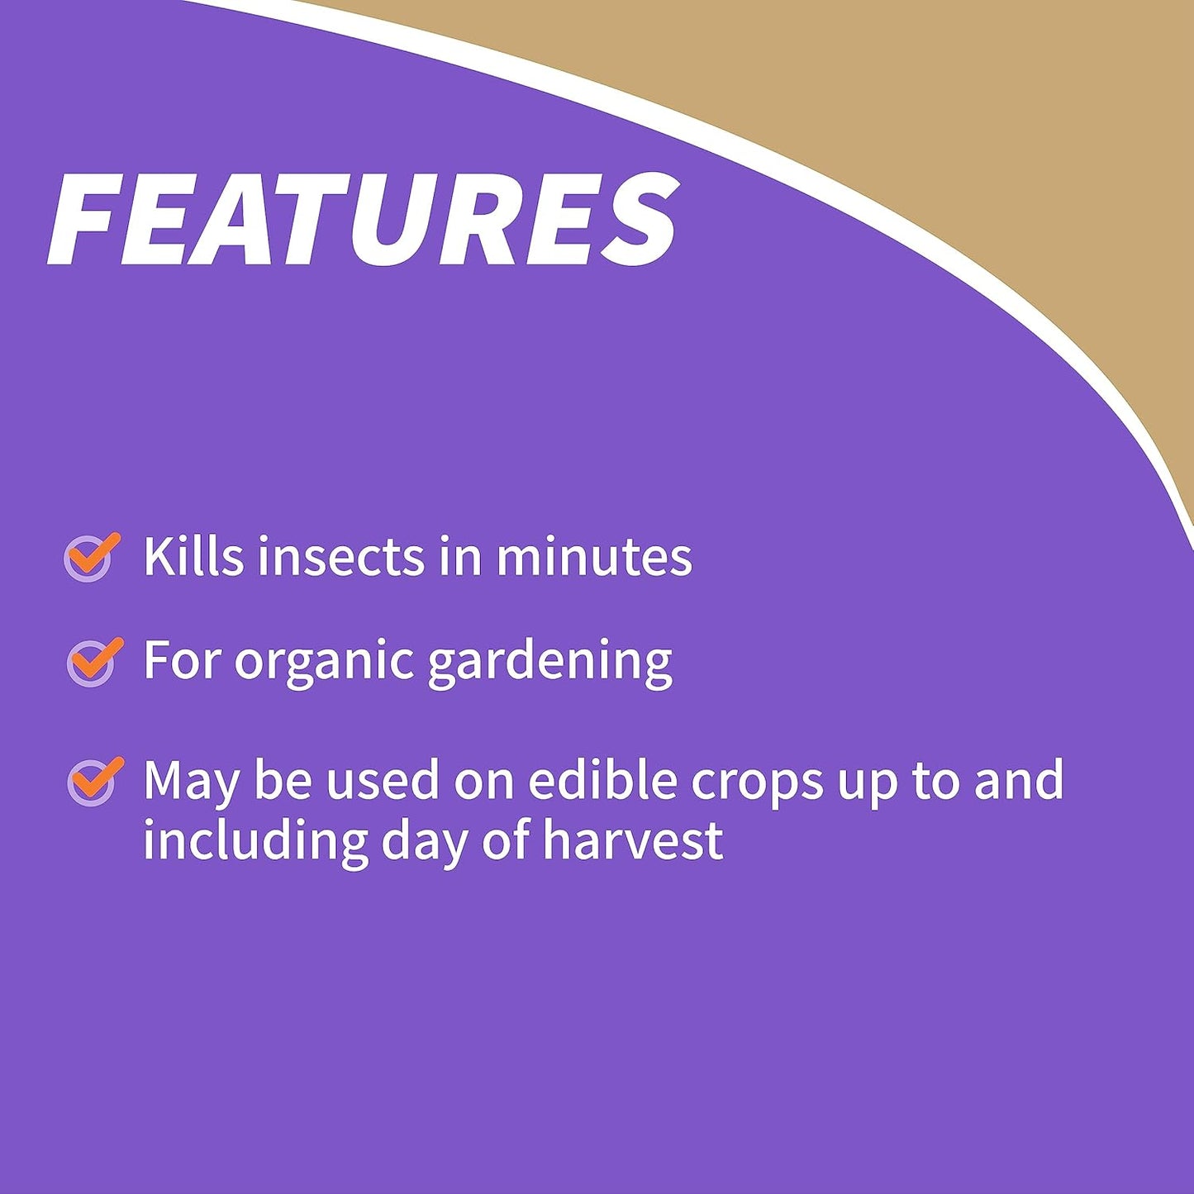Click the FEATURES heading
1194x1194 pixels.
[364, 220]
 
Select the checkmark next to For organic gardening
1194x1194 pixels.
[93, 661]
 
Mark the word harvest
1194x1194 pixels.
[633, 840]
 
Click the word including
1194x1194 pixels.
[254, 840]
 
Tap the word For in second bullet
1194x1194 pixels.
[181, 661]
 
